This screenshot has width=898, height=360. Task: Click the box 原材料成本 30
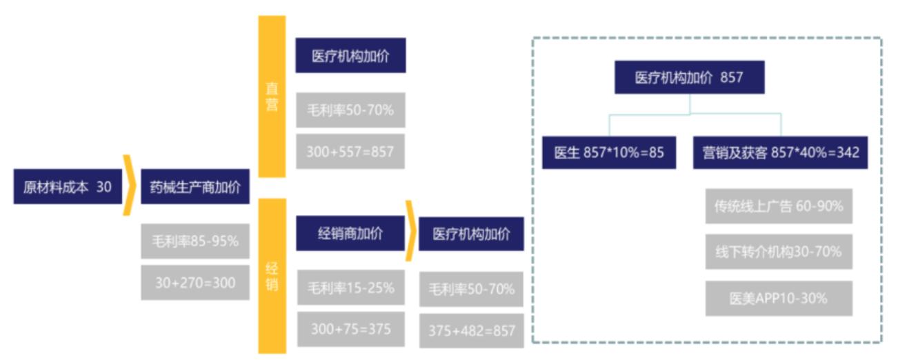coord(68,186)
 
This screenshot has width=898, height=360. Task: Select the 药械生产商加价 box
coord(195,186)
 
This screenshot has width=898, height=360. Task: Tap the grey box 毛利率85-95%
coord(195,241)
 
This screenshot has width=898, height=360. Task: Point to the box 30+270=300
coord(195,282)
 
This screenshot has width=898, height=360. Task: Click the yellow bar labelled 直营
coord(272,97)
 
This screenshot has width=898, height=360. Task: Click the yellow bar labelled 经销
coord(272,276)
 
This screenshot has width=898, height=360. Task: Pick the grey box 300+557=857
coord(350,151)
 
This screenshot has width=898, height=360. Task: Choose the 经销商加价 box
coord(350,233)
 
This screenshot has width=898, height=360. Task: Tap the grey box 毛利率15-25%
coord(351,288)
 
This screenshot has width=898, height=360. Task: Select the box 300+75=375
coord(351,329)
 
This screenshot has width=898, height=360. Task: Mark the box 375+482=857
coord(472,331)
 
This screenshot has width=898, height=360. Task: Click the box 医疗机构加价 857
coord(690,77)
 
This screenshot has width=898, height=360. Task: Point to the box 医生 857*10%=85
coord(609,152)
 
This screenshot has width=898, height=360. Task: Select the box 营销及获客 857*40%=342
coord(781,152)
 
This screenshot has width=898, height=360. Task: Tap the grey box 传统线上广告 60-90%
coord(779,206)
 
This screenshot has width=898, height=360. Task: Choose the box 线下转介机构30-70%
coord(779,252)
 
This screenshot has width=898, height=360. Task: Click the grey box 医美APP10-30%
coord(779,298)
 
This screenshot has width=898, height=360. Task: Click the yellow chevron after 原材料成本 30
coord(130,186)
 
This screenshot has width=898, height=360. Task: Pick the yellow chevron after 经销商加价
coord(411,231)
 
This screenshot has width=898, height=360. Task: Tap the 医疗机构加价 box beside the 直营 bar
coord(351,55)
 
